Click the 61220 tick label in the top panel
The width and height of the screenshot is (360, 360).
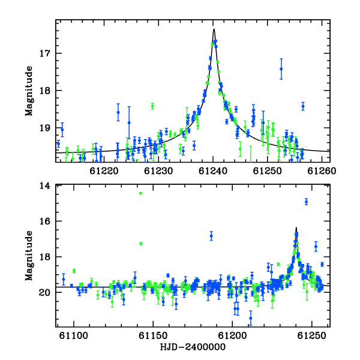(x=104, y=171)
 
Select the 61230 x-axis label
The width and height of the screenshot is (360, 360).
(x=158, y=171)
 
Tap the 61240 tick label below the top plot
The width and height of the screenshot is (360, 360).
(x=213, y=171)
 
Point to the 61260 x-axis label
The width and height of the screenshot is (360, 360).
(x=322, y=171)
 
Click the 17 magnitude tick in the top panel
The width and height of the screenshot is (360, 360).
(x=44, y=53)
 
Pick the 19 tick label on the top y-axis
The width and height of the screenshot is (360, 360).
(x=44, y=128)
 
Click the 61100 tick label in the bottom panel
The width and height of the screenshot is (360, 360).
(x=74, y=336)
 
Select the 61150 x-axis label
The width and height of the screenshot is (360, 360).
(x=153, y=336)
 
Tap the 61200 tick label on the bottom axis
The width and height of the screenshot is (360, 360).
(x=232, y=336)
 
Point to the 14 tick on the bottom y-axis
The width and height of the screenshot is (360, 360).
(x=44, y=186)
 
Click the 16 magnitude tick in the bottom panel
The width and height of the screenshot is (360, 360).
(x=44, y=221)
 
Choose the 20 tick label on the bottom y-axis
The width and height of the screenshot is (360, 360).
(x=44, y=293)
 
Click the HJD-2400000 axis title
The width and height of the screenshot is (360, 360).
(x=193, y=347)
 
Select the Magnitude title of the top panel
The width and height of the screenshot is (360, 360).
(x=29, y=91)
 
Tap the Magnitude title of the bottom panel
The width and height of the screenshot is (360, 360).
(x=29, y=256)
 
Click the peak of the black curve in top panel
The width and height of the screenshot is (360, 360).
(x=214, y=29)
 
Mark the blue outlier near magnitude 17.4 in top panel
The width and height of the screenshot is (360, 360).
(x=281, y=69)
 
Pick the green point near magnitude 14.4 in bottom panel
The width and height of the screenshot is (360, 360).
(x=141, y=193)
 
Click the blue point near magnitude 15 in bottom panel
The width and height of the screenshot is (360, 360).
(x=306, y=202)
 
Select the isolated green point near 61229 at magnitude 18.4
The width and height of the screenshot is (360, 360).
(x=152, y=106)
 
